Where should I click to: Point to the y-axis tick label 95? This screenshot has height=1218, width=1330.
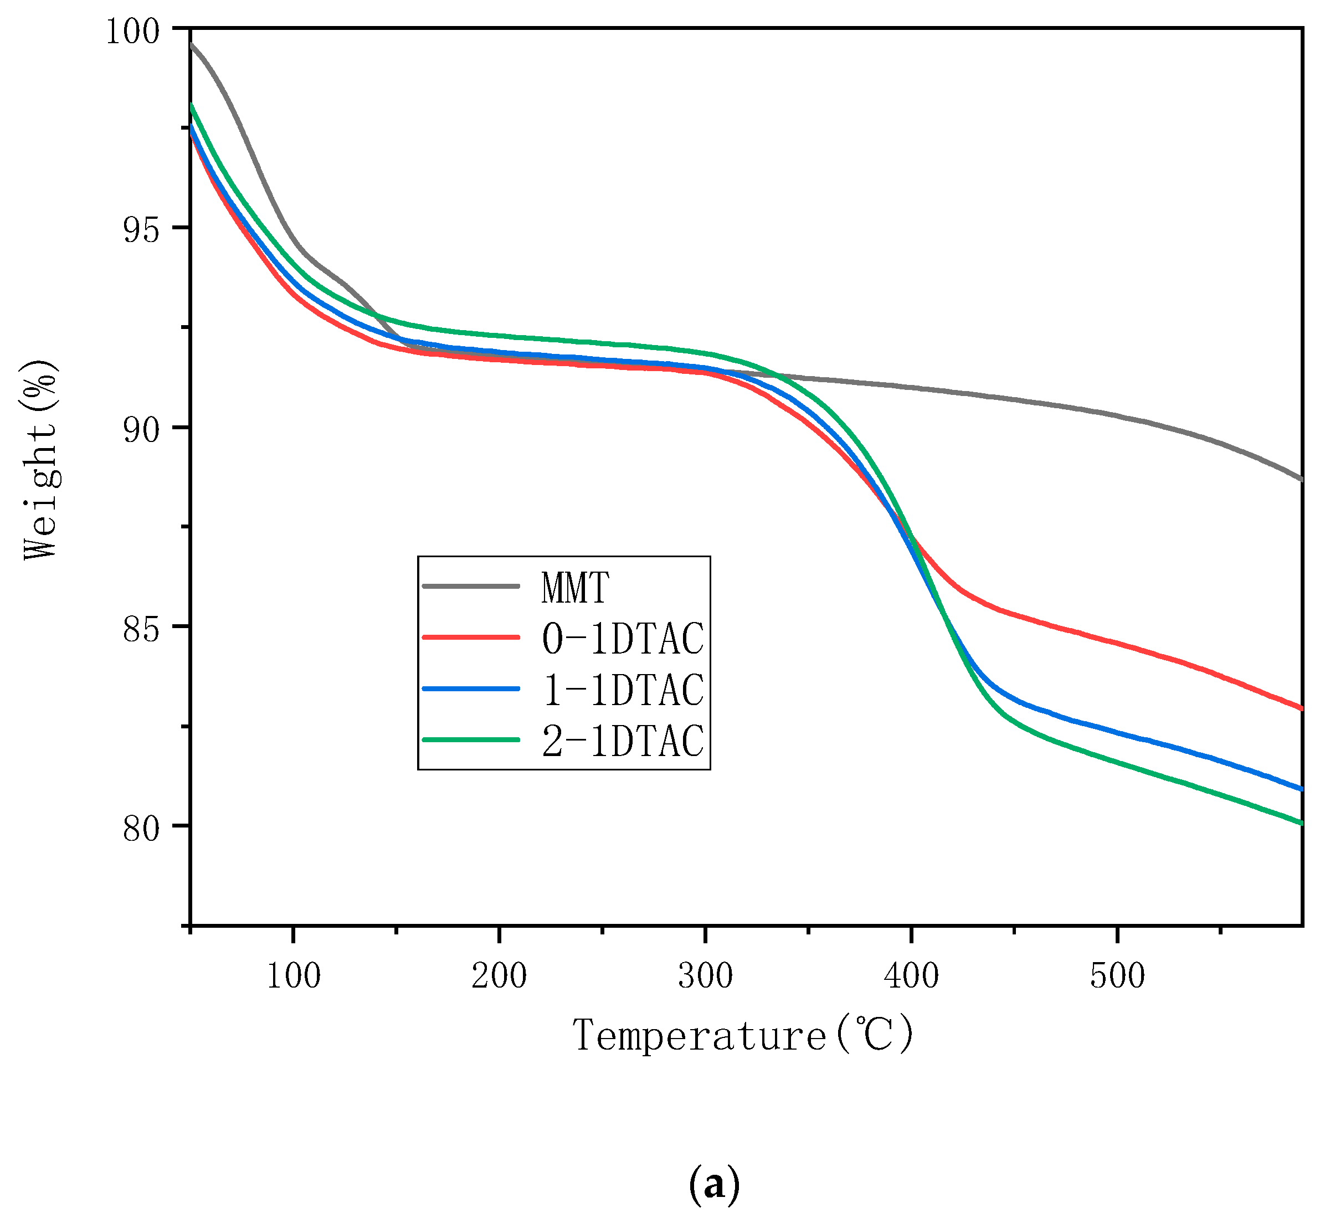click(141, 232)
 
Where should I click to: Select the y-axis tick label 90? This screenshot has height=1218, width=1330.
click(141, 431)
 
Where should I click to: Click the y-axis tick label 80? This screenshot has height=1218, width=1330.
click(141, 829)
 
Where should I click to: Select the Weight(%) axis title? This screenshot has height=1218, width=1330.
click(41, 460)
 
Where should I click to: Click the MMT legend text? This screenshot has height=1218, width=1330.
click(574, 587)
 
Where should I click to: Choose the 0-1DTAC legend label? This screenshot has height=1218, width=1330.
click(623, 639)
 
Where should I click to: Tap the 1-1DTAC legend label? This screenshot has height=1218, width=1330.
click(623, 690)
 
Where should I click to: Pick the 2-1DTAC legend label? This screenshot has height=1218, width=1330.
click(623, 741)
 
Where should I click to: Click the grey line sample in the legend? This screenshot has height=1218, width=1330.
click(471, 586)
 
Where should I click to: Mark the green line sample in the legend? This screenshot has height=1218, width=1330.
click(471, 739)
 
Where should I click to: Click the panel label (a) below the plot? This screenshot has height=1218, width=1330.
click(714, 1185)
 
